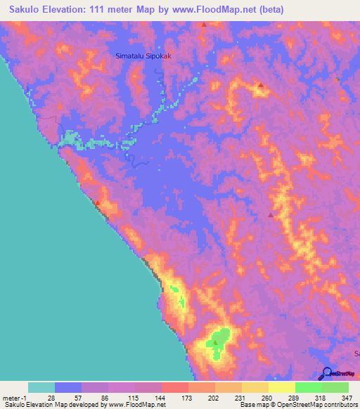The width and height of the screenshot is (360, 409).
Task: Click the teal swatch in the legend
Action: click(x=41, y=387)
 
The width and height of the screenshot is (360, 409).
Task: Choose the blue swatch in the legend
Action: click(x=67, y=387)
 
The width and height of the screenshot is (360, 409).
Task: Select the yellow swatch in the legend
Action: click(x=281, y=387)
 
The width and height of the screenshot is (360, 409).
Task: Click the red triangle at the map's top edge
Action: click(x=204, y=25)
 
